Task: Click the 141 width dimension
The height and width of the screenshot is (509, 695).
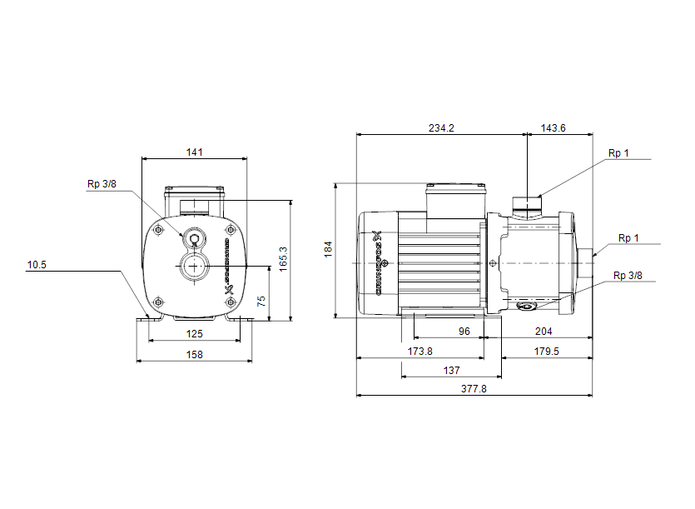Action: point(194,152)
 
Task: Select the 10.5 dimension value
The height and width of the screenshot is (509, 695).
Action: point(37,266)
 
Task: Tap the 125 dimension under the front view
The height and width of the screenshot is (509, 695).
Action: point(194,334)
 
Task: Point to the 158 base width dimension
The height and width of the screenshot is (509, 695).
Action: point(194,354)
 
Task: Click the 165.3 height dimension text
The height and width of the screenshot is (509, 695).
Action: point(283,259)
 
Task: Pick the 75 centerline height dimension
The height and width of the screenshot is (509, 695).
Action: point(261,301)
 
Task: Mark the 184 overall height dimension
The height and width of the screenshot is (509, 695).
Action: point(329,248)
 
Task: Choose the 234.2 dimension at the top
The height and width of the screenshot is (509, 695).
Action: point(441,128)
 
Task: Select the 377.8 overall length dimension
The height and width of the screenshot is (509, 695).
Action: point(474,388)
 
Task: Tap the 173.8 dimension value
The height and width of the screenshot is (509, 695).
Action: point(420,351)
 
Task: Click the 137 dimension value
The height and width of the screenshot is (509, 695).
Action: point(452,369)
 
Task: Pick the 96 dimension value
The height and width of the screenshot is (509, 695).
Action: point(464,331)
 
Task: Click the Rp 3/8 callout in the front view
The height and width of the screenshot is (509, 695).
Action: point(102,185)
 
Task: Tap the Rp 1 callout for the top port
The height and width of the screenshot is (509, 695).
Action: point(618,152)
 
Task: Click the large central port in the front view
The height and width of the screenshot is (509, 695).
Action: point(194,267)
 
